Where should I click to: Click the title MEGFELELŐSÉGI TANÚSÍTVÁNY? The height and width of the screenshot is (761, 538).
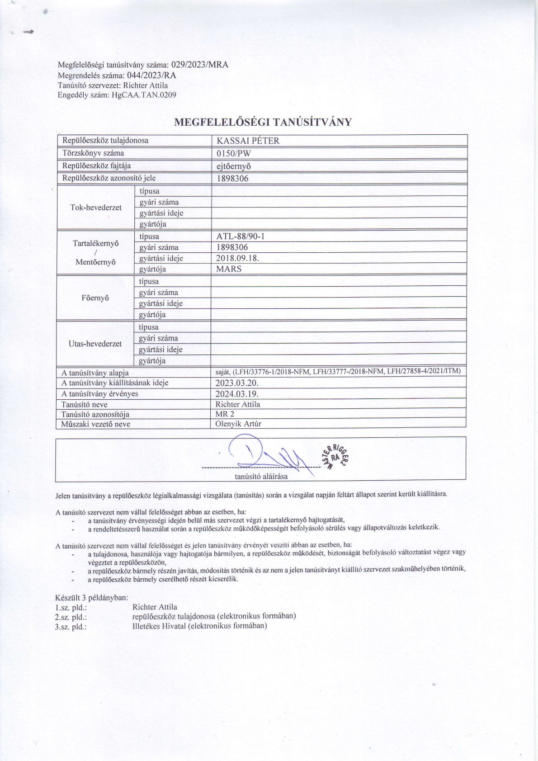[263, 122]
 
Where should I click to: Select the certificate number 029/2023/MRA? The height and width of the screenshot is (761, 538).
[199, 65]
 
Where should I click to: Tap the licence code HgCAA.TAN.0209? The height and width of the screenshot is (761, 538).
[144, 95]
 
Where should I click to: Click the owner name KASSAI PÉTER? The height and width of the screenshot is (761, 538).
[248, 141]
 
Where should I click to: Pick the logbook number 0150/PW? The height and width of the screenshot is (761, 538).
[234, 153]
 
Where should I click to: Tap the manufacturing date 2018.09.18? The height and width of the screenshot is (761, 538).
[238, 258]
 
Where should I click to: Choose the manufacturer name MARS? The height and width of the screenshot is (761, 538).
[229, 269]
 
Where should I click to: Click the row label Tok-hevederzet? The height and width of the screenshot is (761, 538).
[96, 208]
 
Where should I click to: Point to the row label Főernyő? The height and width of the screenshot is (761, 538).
[95, 298]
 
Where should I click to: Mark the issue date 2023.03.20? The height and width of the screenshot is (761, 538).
[237, 383]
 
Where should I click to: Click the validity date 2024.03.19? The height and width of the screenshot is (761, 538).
[237, 394]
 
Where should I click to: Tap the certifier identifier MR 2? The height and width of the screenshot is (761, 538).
[225, 414]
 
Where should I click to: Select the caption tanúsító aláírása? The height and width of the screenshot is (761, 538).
[261, 476]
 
